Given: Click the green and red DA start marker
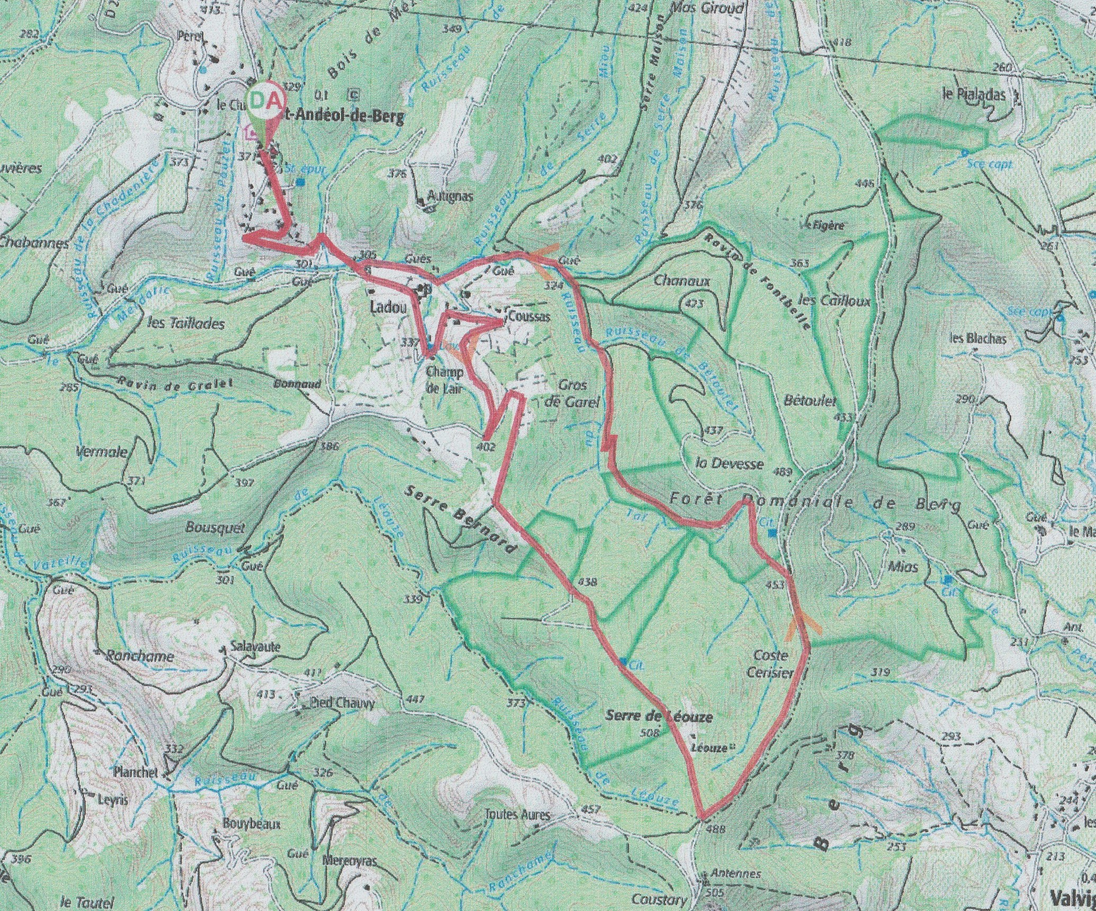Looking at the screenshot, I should click(265, 101).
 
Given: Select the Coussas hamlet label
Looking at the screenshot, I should click(528, 317).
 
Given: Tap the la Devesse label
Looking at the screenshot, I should click(730, 463).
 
